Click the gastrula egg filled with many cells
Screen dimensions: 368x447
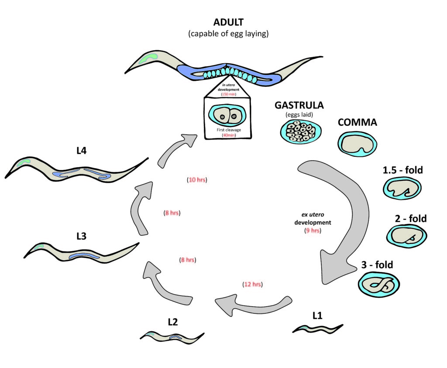click(301, 130)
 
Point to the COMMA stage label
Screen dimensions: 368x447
click(357, 123)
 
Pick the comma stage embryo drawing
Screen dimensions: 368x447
click(358, 145)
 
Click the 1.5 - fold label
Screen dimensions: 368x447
click(402, 170)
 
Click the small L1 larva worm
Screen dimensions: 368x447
click(318, 328)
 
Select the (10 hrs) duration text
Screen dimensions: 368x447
click(196, 179)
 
